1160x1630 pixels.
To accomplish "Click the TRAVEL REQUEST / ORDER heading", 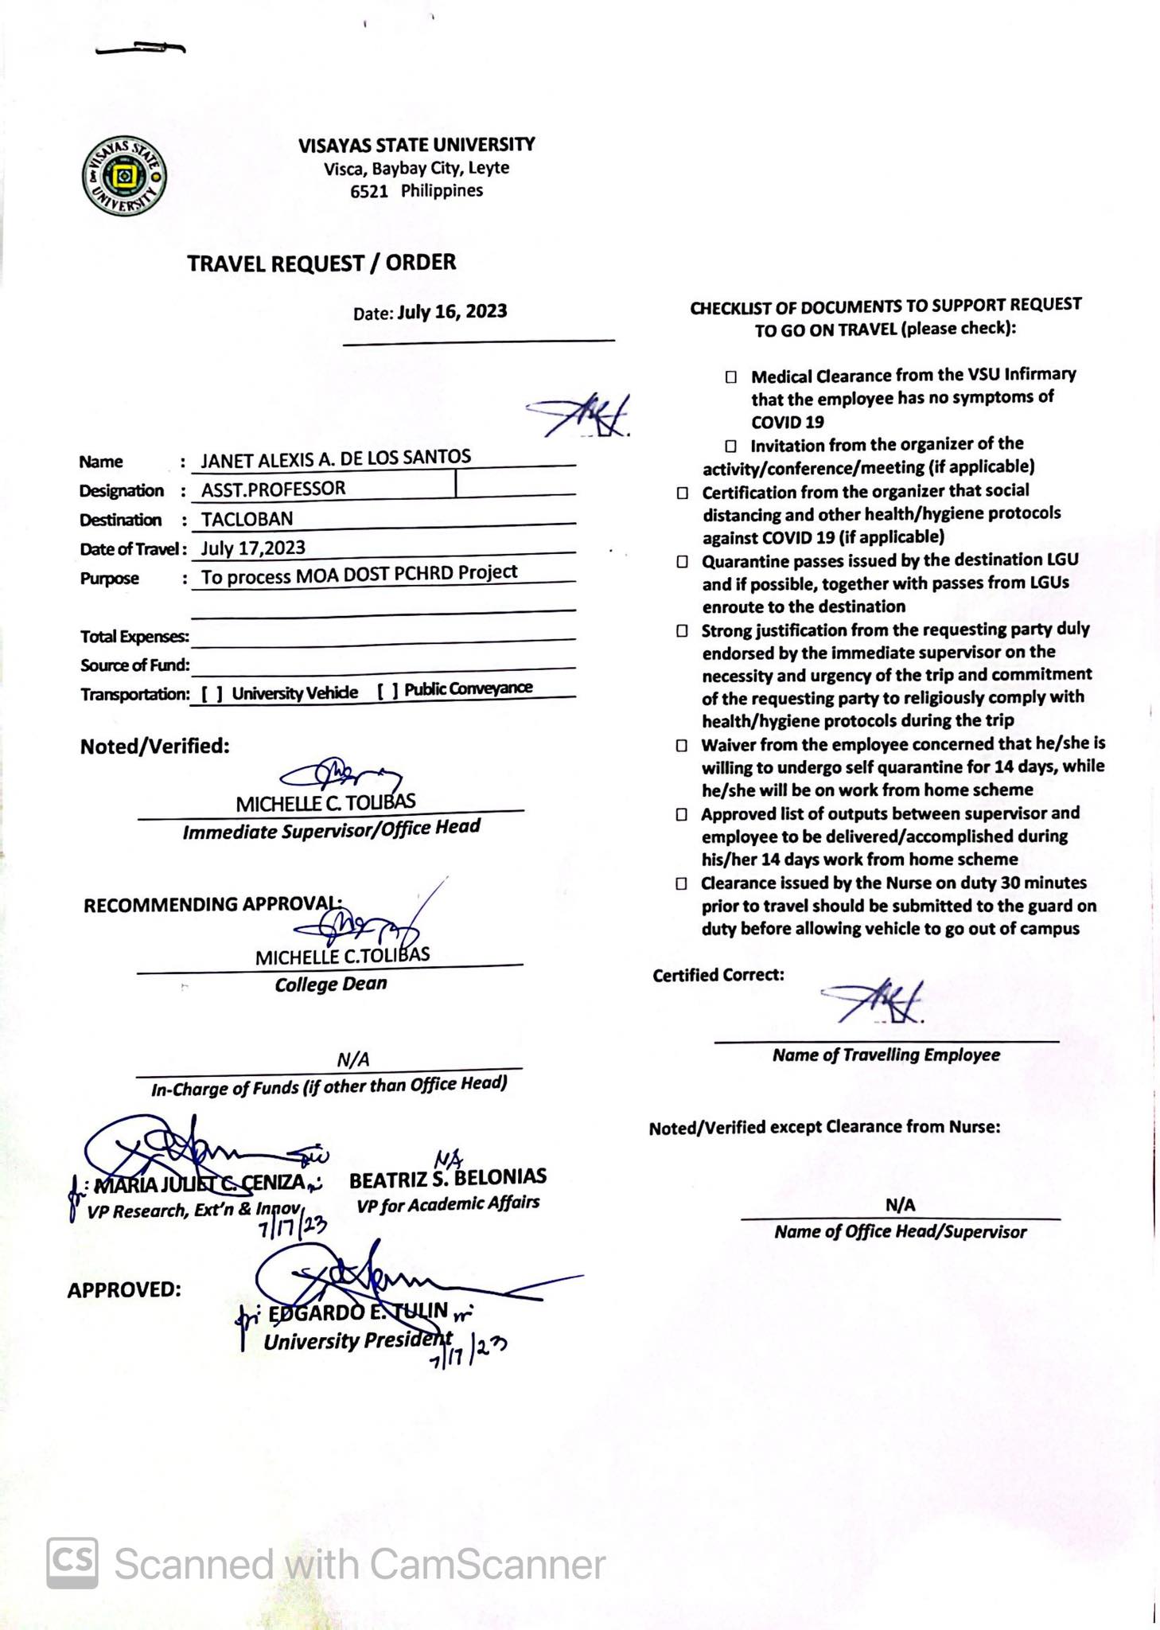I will tap(321, 263).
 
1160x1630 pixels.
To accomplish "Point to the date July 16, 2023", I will tap(452, 311).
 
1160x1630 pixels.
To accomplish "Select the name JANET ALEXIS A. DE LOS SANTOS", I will tap(335, 458).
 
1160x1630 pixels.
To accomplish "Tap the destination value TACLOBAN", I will tap(247, 519).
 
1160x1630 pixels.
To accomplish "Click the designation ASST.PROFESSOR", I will tap(273, 489).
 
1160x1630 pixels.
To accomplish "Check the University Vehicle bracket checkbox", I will tap(212, 693).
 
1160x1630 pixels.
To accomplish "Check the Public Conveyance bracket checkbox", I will tap(388, 690).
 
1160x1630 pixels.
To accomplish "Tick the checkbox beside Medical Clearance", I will tap(730, 376).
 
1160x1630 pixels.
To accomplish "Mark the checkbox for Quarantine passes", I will tap(682, 562).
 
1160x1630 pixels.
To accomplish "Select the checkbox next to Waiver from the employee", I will tap(682, 746).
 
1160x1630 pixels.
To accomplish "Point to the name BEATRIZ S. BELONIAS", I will tap(447, 1178).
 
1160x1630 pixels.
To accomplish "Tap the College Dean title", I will tap(331, 985).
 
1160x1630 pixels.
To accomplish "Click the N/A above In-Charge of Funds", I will tap(352, 1059).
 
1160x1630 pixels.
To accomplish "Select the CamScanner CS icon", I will tap(72, 1563).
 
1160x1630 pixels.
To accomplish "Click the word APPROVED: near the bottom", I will tap(124, 1289).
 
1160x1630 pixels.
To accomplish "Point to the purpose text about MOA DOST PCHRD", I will tap(359, 575).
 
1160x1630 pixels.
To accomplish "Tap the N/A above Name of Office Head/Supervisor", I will tap(900, 1205).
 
